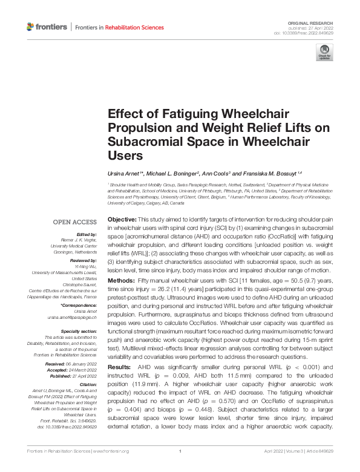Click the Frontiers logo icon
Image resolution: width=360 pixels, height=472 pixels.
point(31,27)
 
